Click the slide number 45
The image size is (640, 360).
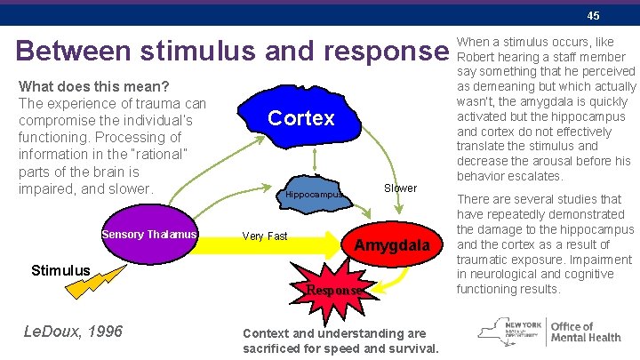pyautogui.click(x=593, y=16)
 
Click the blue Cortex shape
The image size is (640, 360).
pyautogui.click(x=300, y=118)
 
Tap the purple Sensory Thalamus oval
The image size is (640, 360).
pyautogui.click(x=148, y=235)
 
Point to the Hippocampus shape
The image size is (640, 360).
pyautogui.click(x=314, y=196)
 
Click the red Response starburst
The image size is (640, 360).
pyautogui.click(x=333, y=289)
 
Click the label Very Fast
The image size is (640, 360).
pyautogui.click(x=265, y=236)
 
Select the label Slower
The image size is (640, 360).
pyautogui.click(x=400, y=188)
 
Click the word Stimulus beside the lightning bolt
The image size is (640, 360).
pyautogui.click(x=60, y=269)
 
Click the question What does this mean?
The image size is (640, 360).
pyautogui.click(x=95, y=88)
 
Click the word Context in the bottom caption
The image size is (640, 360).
pyautogui.click(x=264, y=333)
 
